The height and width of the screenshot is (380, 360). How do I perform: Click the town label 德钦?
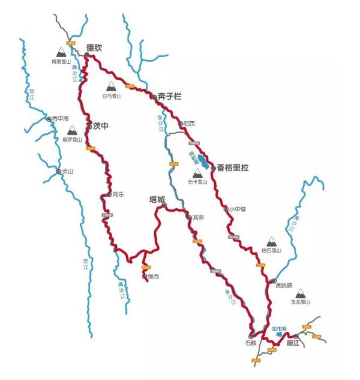pyautogui.click(x=94, y=46)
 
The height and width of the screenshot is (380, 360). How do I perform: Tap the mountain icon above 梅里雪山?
pyautogui.click(x=61, y=52)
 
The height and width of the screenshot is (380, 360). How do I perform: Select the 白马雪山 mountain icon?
pyautogui.click(x=112, y=86)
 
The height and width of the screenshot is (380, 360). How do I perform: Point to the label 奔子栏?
pyautogui.click(x=170, y=96)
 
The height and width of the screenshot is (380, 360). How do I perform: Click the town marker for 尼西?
pyautogui.click(x=181, y=124)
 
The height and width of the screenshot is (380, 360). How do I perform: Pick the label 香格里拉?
pyautogui.click(x=232, y=168)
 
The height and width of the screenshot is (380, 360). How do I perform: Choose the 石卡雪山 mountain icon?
pyautogui.click(x=197, y=173)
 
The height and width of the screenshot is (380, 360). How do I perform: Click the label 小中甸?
pyautogui.click(x=237, y=210)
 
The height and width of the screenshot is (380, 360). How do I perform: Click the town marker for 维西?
pyautogui.click(x=145, y=277)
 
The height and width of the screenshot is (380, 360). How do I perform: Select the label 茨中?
pyautogui.click(x=100, y=126)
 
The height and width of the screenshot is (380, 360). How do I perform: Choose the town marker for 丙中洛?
pyautogui.click(x=49, y=119)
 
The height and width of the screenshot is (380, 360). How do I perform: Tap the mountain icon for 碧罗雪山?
pyautogui.click(x=71, y=130)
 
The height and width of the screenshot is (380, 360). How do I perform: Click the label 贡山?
pyautogui.click(x=66, y=171)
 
